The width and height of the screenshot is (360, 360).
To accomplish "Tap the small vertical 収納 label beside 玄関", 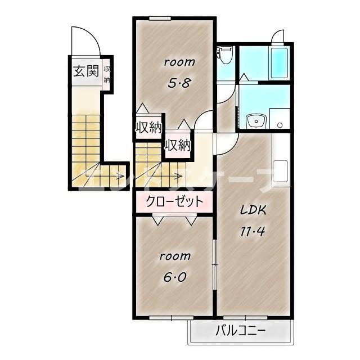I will point(107,74).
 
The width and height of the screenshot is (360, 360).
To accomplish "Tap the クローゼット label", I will point(174,202).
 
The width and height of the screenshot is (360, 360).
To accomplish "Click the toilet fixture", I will point(226,55).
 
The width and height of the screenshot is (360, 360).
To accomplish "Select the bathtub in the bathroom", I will point(279,63).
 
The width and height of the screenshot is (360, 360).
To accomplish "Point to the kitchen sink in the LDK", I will point(280,172).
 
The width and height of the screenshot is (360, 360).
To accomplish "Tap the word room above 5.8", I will point(179,62).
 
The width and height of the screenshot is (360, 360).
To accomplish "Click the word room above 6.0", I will point(175,256).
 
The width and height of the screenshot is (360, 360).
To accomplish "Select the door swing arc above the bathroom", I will point(277,37).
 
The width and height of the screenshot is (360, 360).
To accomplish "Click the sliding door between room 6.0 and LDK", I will point(214,264).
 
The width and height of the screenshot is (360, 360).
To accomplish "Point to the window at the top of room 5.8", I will point(160,18).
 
